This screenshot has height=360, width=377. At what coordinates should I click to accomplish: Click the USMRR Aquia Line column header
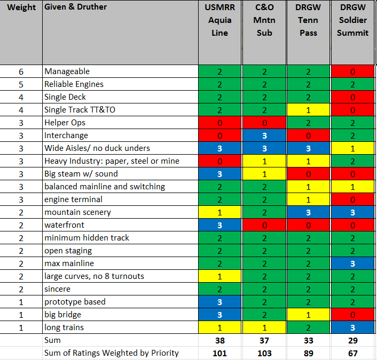click(219, 20)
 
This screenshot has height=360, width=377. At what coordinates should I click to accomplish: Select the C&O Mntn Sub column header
click(264, 20)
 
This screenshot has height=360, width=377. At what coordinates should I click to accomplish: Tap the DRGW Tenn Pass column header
click(308, 20)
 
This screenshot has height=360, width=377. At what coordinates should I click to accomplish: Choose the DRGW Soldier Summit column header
click(353, 20)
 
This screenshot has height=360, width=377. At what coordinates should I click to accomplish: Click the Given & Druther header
click(76, 7)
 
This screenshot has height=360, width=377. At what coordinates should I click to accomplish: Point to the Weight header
click(22, 7)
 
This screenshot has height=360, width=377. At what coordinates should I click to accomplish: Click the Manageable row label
click(67, 71)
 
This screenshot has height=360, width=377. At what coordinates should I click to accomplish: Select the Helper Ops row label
click(65, 123)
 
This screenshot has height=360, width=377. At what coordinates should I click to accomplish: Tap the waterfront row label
click(65, 225)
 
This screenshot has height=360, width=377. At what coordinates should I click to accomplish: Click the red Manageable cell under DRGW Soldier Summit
click(353, 71)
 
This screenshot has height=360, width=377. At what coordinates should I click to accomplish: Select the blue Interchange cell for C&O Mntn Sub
click(264, 135)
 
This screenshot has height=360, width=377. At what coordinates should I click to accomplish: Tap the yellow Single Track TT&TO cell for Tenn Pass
click(308, 110)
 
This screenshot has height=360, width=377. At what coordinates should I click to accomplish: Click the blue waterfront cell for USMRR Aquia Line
click(219, 225)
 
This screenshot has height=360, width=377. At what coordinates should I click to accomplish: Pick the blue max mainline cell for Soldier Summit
click(353, 263)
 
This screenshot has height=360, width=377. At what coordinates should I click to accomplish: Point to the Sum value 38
click(219, 340)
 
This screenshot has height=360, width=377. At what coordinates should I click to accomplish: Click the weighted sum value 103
click(264, 353)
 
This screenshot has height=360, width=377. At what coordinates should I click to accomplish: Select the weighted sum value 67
click(353, 353)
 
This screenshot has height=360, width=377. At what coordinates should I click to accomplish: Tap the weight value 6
click(21, 71)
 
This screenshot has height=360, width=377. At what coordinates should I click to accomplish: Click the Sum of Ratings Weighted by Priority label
click(112, 353)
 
